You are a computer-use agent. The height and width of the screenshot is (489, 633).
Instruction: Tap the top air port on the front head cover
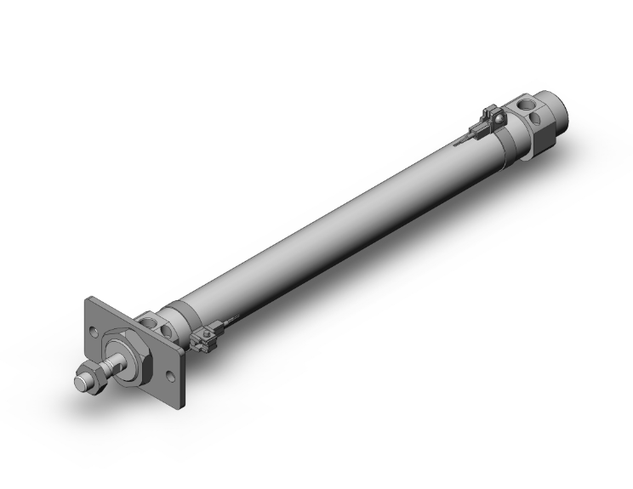152,321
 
